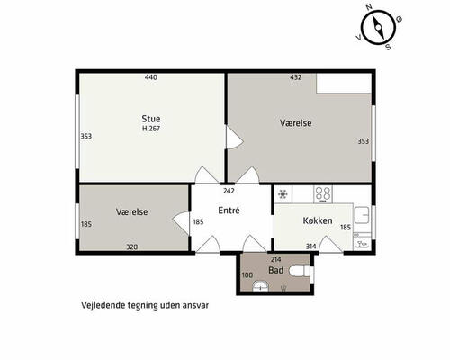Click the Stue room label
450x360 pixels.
150,118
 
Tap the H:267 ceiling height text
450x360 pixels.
150,129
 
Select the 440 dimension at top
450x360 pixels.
151,78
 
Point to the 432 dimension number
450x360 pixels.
295,78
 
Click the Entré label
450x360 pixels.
229,210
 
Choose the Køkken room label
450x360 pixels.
319,220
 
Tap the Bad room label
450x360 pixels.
276,270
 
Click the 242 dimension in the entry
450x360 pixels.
229,191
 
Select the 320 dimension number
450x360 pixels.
131,247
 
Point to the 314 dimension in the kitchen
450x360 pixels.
311,247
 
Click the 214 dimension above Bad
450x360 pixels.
276,259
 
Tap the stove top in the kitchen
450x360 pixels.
323,193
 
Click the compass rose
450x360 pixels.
377,28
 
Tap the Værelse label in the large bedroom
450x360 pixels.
295,122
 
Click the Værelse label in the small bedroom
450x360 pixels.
131,211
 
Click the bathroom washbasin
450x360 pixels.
262,286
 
